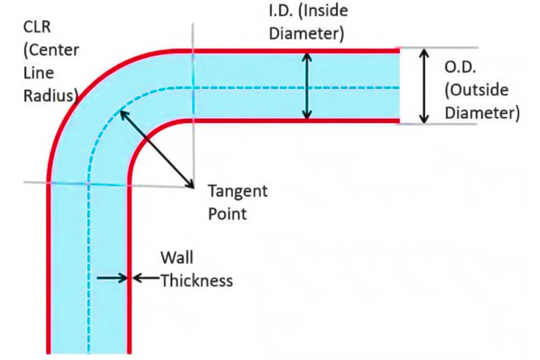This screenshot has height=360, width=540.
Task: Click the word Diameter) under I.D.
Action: click(x=306, y=34)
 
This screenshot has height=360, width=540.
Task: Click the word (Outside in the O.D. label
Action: click(x=476, y=90)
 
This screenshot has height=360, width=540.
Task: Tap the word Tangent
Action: click(x=238, y=192)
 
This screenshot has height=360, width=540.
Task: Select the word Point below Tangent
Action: click(x=227, y=214)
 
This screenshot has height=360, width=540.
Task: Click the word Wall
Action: click(x=176, y=258)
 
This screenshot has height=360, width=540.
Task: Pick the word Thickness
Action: click(x=196, y=280)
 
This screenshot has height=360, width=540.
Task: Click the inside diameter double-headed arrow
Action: click(x=307, y=85)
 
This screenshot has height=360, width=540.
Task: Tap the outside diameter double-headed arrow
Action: click(x=424, y=86)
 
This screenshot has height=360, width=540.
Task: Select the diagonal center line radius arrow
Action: click(x=157, y=148)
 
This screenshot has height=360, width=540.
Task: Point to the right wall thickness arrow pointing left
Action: click(x=146, y=278)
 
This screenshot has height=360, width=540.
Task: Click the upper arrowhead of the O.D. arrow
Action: click(x=424, y=53)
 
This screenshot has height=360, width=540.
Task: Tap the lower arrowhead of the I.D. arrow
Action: click(x=307, y=113)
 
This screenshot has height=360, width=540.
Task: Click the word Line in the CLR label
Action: click(x=38, y=73)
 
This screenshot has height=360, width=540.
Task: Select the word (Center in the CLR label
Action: click(x=51, y=50)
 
